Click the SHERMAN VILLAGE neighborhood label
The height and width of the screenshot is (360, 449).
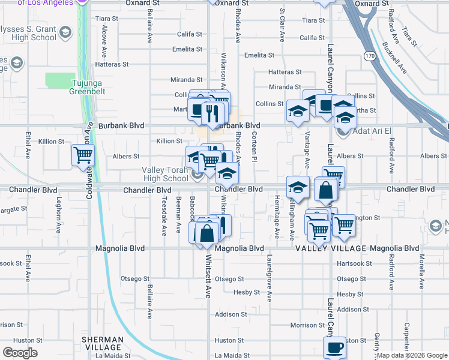tap(103, 343)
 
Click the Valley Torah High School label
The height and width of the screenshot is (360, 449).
tap(165, 174)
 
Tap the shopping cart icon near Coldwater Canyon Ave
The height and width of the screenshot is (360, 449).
tap(83, 155)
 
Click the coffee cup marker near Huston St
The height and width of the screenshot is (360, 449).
tap(334, 347)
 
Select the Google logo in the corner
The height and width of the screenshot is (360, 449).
tap(20, 353)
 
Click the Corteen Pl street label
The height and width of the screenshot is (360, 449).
tap(254, 147)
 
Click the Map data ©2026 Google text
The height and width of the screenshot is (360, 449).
tap(412, 355)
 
